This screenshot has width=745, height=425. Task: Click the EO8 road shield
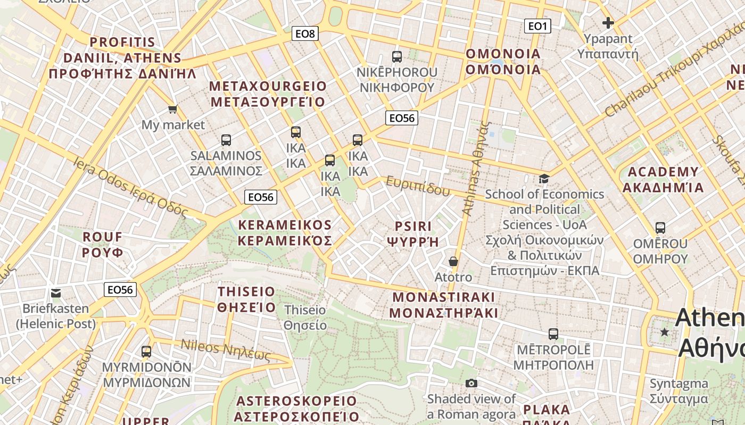point(305,34)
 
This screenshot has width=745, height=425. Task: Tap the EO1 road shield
point(537,26)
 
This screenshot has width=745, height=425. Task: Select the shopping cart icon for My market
point(172,109)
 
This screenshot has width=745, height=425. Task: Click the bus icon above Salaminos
point(226,140)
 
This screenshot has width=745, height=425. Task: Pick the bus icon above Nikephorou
point(396,57)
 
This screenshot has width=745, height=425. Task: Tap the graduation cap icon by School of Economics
point(544,178)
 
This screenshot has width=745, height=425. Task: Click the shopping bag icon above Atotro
point(453,261)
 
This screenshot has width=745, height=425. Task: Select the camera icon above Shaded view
point(471,383)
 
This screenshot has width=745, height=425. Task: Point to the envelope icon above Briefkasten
point(56,293)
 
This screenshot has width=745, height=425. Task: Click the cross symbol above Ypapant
point(608,23)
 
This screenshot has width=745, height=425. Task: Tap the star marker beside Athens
point(664,332)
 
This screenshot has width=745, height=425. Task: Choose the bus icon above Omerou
point(660,228)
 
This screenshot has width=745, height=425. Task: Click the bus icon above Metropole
point(553,334)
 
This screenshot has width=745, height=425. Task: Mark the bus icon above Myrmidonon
point(146,352)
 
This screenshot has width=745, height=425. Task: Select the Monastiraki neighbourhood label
point(443,304)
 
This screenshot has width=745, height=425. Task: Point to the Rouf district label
point(103,244)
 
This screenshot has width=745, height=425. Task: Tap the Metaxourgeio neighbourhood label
point(268,94)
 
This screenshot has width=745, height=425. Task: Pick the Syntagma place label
point(678,391)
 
